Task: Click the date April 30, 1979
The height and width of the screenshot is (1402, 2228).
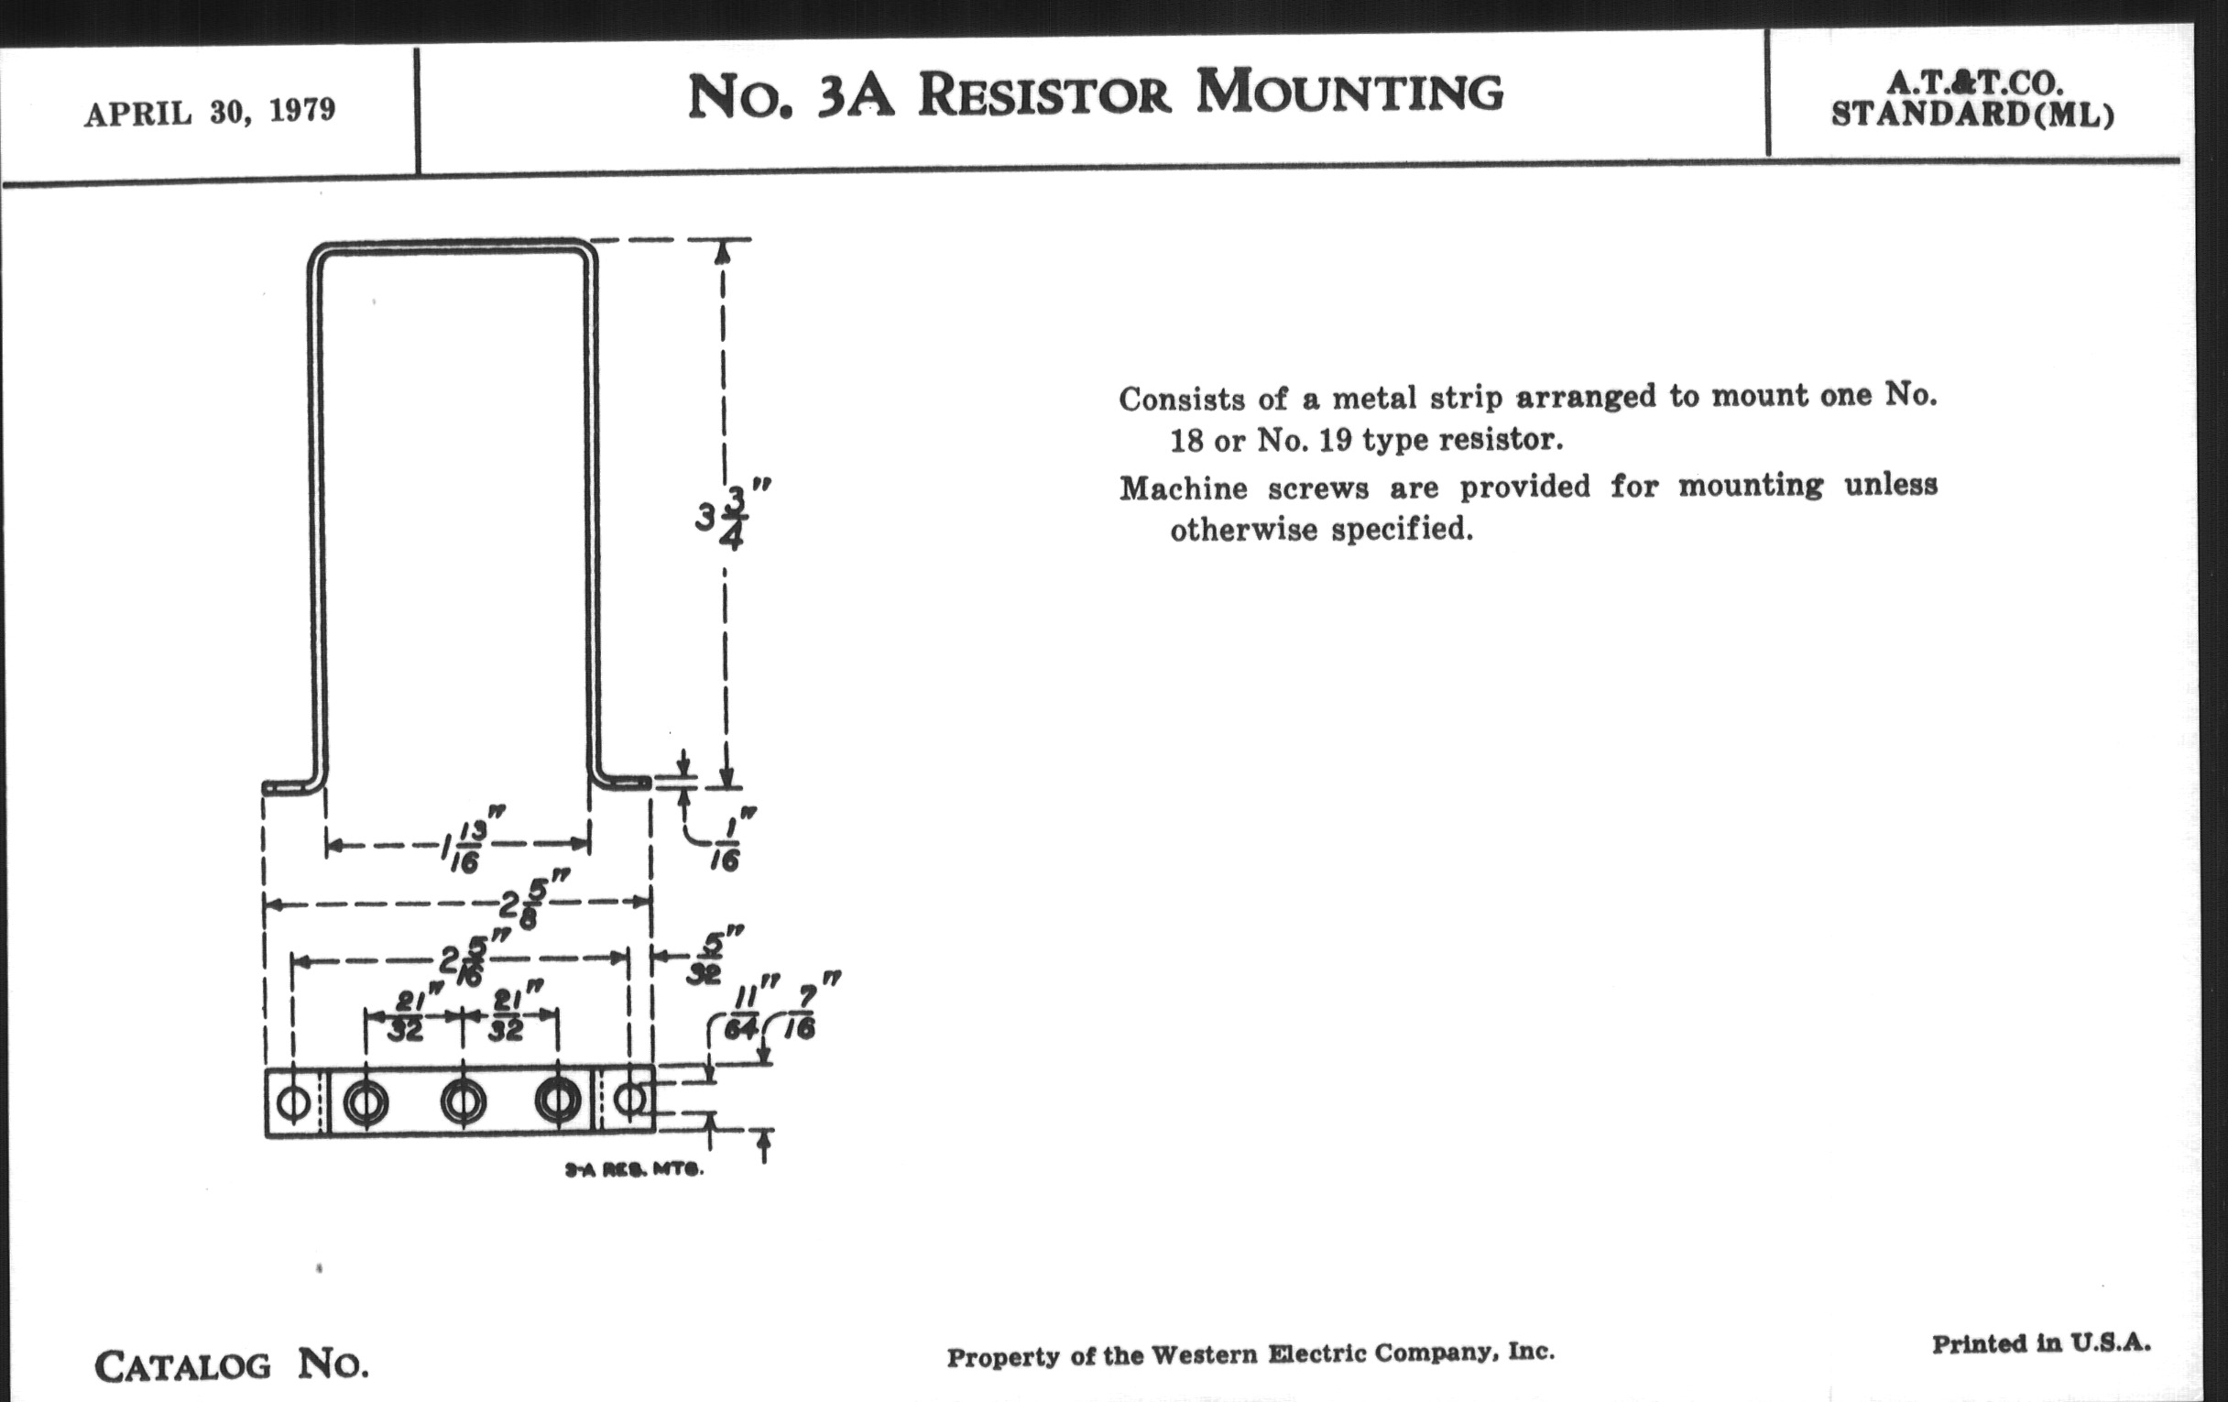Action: (210, 112)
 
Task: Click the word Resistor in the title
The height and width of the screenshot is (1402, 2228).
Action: (1044, 95)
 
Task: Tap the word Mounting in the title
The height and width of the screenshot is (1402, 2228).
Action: (1350, 93)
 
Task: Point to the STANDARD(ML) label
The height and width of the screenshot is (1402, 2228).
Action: (1972, 115)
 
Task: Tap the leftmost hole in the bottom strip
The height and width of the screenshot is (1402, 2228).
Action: (294, 1102)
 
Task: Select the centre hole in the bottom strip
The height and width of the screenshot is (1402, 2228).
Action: (463, 1102)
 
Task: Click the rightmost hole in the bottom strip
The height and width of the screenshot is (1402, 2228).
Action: (631, 1101)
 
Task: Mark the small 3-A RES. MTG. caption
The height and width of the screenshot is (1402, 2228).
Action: (634, 1170)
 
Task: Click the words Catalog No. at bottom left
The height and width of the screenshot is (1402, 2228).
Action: (231, 1365)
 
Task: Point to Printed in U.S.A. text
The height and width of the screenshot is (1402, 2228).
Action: (2040, 1342)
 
